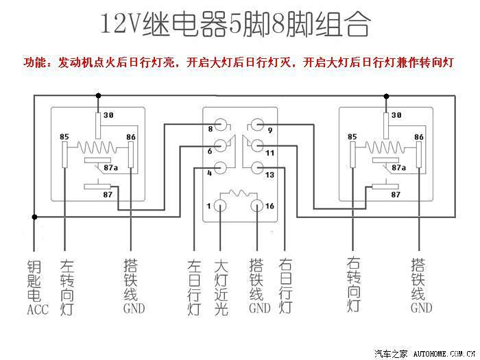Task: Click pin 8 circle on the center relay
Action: click(x=220, y=125)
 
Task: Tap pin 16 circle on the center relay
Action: click(x=257, y=206)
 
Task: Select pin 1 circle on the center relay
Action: click(x=220, y=206)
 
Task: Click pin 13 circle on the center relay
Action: click(x=257, y=168)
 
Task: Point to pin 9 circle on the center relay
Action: click(x=257, y=125)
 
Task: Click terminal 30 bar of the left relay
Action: click(x=98, y=125)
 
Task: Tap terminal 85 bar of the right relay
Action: click(x=353, y=154)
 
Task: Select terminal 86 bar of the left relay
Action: click(x=131, y=154)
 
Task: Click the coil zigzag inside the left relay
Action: click(x=97, y=147)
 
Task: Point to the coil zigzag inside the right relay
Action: click(x=385, y=147)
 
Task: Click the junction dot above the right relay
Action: click(x=386, y=97)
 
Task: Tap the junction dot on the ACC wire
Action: click(x=34, y=217)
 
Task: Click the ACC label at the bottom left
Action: click(x=38, y=309)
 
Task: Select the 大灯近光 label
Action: click(x=221, y=287)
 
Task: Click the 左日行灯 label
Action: click(x=194, y=287)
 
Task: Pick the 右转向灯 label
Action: click(x=354, y=285)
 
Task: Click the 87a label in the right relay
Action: click(x=398, y=168)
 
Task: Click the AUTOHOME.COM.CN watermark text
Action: click(x=444, y=355)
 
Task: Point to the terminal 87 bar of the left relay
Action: click(x=98, y=187)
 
